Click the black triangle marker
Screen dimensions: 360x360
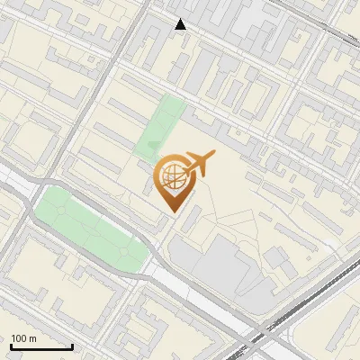coord(181,24)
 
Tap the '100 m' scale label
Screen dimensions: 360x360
coord(23,338)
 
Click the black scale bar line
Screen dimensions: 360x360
coord(41,346)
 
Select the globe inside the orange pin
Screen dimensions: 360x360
coord(172,176)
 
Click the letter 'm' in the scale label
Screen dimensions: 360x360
coord(32,338)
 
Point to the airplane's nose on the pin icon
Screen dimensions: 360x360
coord(213,156)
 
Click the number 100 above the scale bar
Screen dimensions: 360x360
coord(19,338)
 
